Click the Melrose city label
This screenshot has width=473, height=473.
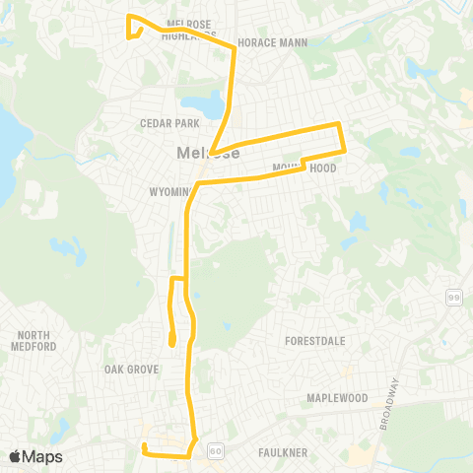pos(202,153)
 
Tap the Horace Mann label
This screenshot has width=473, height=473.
pos(272,43)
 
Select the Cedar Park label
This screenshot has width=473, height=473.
pos(170,123)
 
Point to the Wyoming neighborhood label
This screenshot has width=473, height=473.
pos(169,190)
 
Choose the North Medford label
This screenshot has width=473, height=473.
pos(34,341)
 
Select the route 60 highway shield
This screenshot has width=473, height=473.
pos(214,450)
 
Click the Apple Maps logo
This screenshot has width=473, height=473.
pos(35,456)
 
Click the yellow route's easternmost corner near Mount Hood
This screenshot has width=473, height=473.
pos(344,149)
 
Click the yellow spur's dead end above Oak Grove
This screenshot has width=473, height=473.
pos(171,344)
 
